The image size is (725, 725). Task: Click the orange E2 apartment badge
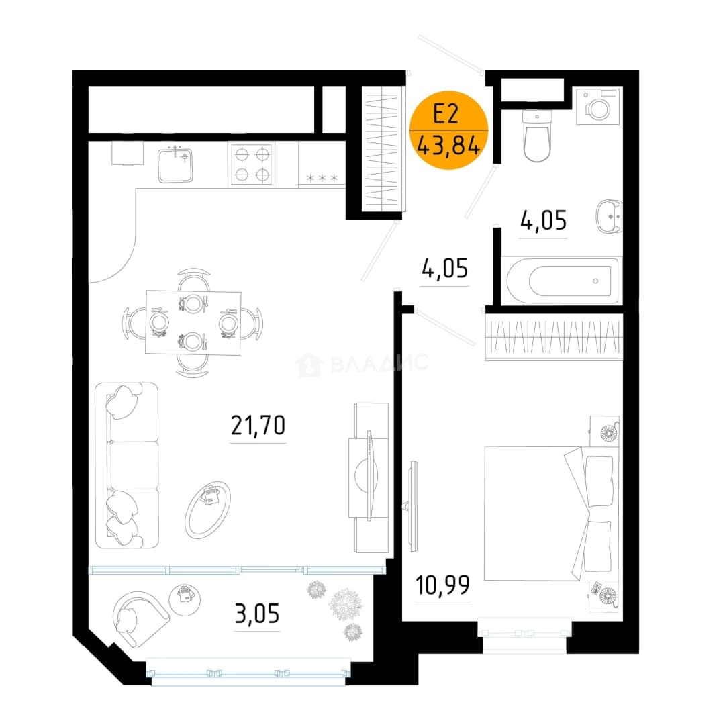(x=448, y=130)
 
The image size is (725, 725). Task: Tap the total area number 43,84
(x=448, y=146)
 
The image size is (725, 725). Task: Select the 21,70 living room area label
(x=258, y=426)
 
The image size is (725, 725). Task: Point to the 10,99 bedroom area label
(x=442, y=585)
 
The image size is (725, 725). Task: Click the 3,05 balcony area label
(x=257, y=614)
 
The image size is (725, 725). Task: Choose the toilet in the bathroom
(x=537, y=135)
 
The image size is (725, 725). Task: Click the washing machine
(x=598, y=106)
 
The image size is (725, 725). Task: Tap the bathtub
(x=562, y=280)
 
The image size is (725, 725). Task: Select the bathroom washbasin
(x=608, y=216)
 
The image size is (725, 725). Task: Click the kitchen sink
(x=175, y=164)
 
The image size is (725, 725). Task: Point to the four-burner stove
(x=252, y=164)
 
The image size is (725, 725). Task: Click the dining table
(x=193, y=323)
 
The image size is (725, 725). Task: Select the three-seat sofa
(x=127, y=465)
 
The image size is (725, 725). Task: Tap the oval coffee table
(x=207, y=510)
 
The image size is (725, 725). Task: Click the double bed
(x=550, y=514)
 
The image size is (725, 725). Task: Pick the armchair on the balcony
(x=140, y=619)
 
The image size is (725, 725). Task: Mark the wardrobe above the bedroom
(x=554, y=336)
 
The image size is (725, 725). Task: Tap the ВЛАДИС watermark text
(x=379, y=363)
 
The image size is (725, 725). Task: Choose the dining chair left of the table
(x=131, y=323)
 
